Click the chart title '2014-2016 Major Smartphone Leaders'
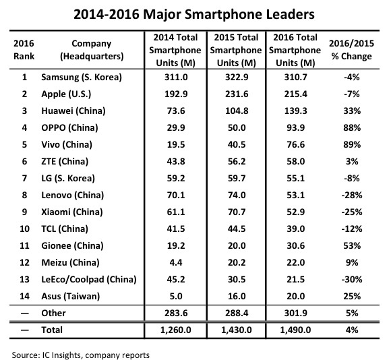tap(195, 13)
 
